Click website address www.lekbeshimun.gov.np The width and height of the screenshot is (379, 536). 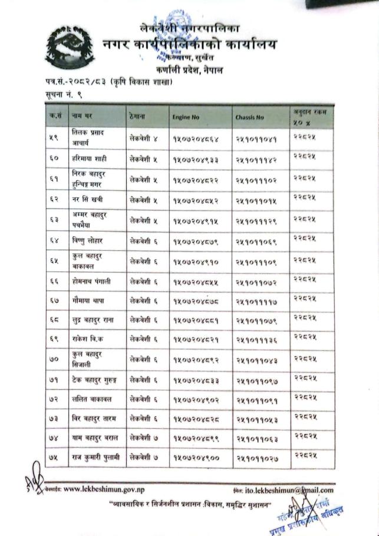pyautogui.click(x=106, y=488)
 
